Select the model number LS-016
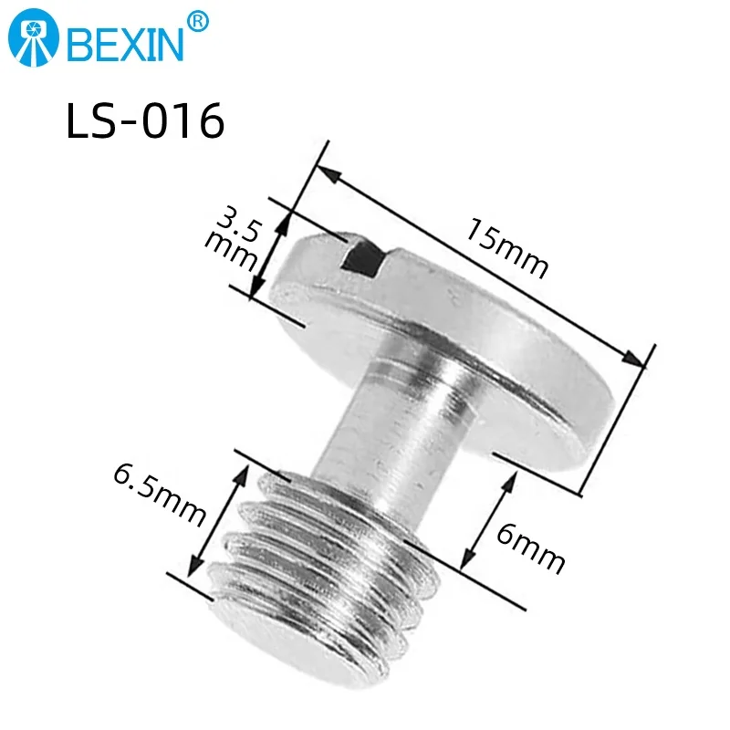point(145,121)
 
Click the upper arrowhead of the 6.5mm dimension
point(245,469)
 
